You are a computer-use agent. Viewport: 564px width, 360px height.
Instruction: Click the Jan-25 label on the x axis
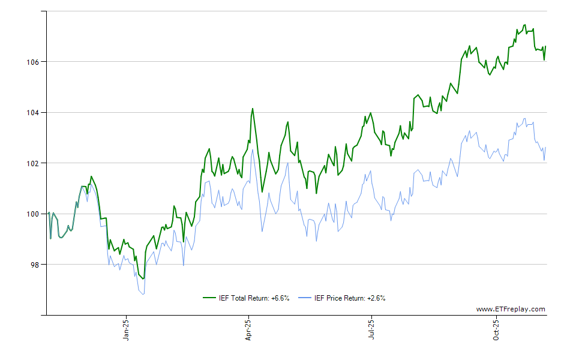[x=126, y=329]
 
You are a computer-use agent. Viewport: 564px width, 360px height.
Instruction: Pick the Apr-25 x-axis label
[x=248, y=329]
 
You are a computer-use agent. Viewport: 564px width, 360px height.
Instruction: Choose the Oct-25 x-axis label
[x=496, y=329]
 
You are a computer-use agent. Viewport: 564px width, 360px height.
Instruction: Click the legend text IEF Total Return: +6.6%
[x=254, y=298]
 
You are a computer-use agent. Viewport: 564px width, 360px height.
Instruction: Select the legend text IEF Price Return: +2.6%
[x=350, y=298]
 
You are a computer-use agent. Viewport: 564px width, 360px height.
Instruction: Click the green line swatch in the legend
[x=209, y=298]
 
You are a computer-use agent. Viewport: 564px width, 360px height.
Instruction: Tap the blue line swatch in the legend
[x=305, y=298]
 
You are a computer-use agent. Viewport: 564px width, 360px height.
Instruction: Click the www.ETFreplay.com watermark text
[x=511, y=310]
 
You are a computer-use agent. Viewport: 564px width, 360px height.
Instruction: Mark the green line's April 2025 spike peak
[x=253, y=109]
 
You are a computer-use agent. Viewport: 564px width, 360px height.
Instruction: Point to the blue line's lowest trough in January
[x=143, y=294]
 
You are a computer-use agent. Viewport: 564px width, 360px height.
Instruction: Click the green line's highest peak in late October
[x=525, y=25]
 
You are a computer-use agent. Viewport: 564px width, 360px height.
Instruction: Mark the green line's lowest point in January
[x=143, y=279]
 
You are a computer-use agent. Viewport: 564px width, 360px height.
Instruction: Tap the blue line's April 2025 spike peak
[x=253, y=149]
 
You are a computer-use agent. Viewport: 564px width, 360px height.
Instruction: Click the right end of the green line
[x=545, y=46]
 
